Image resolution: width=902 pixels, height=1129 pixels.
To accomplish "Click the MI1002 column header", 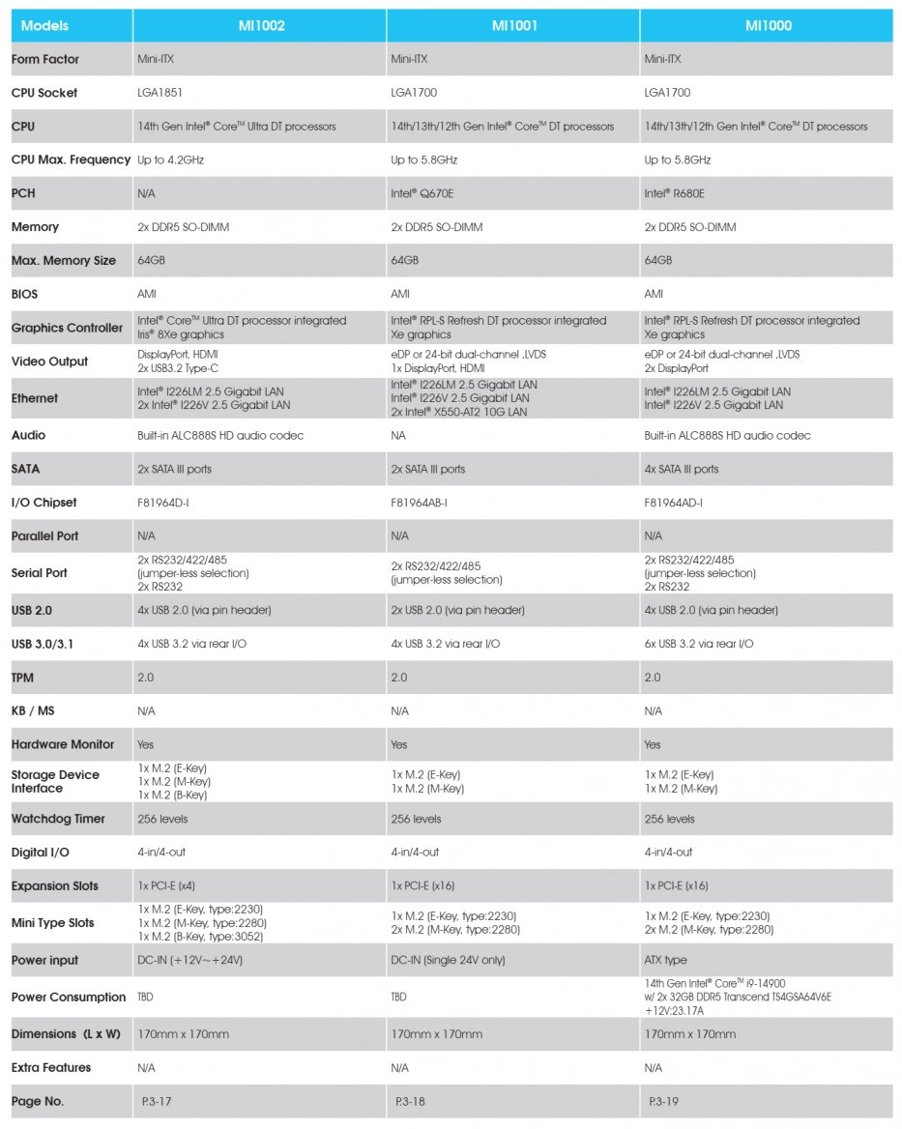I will [260, 26].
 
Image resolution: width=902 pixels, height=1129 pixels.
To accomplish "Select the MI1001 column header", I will [513, 26].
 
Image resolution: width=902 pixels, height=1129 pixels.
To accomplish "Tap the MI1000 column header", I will [768, 26].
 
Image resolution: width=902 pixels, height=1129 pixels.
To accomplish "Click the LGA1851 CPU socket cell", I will [160, 93].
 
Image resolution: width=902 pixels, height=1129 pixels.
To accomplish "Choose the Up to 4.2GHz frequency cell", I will [172, 159].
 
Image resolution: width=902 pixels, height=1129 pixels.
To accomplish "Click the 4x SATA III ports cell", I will [682, 469].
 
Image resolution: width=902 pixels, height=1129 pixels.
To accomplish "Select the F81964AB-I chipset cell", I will [419, 503].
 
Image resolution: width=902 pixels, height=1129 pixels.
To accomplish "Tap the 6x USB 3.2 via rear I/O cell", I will [699, 644].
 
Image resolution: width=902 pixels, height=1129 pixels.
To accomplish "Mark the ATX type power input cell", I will [666, 961].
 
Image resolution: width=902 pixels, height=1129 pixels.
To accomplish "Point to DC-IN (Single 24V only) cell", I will [448, 961].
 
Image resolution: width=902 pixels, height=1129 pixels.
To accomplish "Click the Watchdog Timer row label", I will [58, 819].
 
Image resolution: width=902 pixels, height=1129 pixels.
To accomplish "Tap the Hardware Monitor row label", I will [63, 744].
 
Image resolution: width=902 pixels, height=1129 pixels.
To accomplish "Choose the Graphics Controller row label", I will [67, 328].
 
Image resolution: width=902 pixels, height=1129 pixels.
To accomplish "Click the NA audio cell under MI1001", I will [398, 436].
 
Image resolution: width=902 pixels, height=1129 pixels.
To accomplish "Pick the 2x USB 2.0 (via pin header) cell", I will [457, 610].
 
